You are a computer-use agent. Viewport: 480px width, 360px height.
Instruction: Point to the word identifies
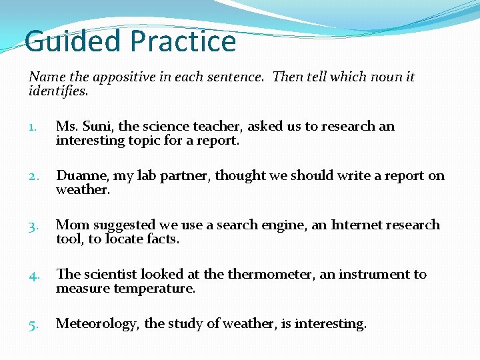tap(57, 91)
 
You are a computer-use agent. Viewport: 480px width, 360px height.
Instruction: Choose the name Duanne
tap(82, 175)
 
